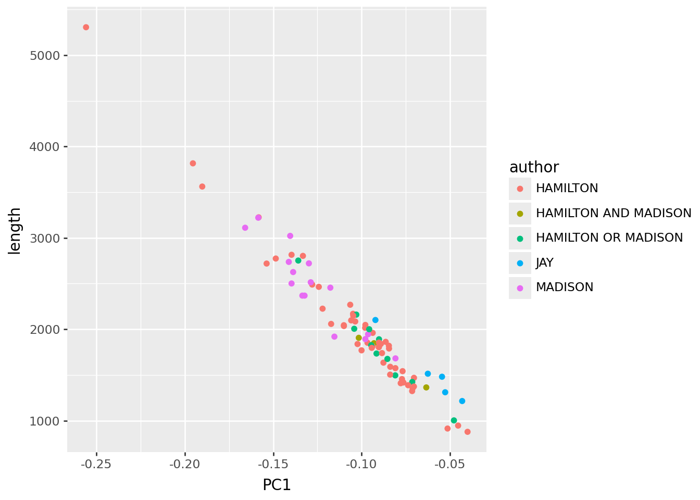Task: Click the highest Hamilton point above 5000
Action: (x=86, y=27)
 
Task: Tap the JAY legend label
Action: (x=544, y=262)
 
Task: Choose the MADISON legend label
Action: (x=564, y=287)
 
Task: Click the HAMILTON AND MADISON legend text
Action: (x=613, y=213)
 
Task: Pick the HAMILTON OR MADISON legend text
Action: (x=609, y=238)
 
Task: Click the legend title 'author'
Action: (x=534, y=167)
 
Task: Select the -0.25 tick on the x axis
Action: (x=96, y=464)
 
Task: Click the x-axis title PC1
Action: (x=277, y=485)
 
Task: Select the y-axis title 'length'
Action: (x=15, y=231)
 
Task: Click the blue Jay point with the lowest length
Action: (x=462, y=401)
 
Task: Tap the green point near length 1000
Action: (x=454, y=420)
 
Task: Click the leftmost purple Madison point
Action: (x=245, y=228)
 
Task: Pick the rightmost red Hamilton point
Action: (x=467, y=432)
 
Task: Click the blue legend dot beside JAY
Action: (x=520, y=263)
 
